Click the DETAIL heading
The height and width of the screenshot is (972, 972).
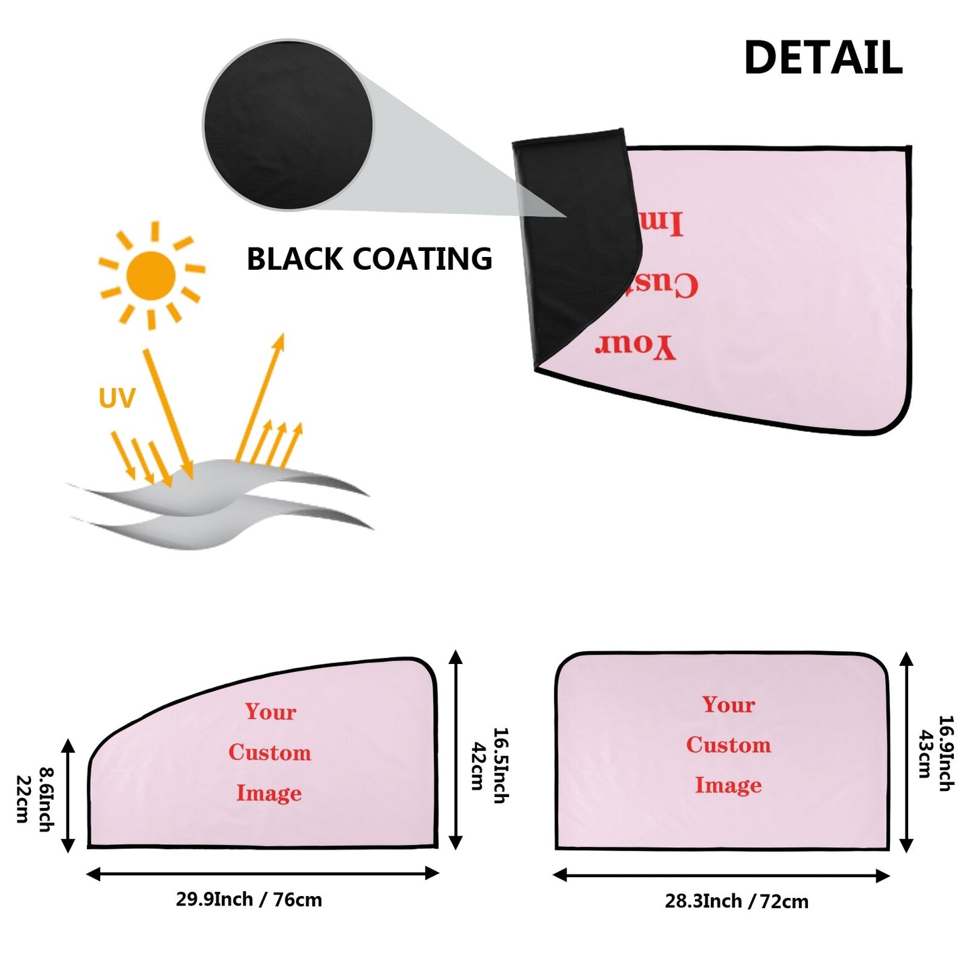823,58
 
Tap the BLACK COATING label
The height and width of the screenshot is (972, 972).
369,259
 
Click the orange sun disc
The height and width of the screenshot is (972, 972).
151,276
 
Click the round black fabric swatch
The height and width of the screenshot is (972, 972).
288,123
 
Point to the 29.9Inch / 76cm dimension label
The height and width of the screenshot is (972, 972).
249,899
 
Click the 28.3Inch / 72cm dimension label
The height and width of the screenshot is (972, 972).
737,901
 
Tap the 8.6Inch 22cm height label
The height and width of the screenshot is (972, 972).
34,798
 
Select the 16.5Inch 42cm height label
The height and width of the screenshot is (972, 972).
488,765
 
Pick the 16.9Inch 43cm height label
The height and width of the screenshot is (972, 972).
936,753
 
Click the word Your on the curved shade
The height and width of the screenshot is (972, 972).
270,712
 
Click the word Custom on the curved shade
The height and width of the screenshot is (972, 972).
270,752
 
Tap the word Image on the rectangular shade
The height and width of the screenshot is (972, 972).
728,785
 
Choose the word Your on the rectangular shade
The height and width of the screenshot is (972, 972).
728,704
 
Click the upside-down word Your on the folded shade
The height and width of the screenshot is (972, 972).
634,346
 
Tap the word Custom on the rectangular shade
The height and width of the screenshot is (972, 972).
728,745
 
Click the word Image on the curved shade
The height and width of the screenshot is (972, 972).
268,793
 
